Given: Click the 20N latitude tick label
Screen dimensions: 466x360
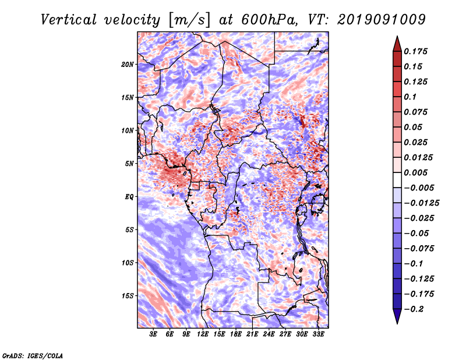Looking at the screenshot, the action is (x=127, y=65).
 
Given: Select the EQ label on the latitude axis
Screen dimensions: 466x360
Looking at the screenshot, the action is (x=129, y=197).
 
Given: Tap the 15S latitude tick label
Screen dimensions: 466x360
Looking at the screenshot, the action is (x=128, y=296).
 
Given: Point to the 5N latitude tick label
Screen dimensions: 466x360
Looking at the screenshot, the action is (x=129, y=164).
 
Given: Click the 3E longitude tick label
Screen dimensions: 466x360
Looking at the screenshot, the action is (x=153, y=334).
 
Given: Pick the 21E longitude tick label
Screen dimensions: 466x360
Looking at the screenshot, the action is (x=252, y=334).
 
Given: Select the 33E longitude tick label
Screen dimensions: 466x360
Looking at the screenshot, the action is (x=318, y=334).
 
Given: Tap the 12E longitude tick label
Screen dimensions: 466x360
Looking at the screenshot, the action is (x=202, y=334).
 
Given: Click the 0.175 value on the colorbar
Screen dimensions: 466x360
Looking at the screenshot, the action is (x=415, y=51).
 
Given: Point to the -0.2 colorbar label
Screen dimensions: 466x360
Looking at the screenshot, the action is (x=414, y=309).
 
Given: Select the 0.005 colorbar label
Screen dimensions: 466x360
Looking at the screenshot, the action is (x=415, y=172).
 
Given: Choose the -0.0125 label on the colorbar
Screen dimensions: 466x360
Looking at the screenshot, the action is (x=421, y=203).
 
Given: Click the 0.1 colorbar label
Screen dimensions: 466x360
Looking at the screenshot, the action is (x=410, y=97).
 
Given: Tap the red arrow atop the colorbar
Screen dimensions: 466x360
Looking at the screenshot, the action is (x=397, y=44).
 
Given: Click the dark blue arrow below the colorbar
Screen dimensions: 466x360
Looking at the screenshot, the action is (x=397, y=316).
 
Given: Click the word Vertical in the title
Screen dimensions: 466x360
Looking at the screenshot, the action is (x=69, y=20).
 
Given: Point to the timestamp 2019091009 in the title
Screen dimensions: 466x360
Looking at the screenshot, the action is (x=382, y=20).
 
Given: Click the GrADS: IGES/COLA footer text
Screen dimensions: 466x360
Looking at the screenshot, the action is (x=33, y=356).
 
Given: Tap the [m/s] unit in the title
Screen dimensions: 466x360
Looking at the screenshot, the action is (x=189, y=20).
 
